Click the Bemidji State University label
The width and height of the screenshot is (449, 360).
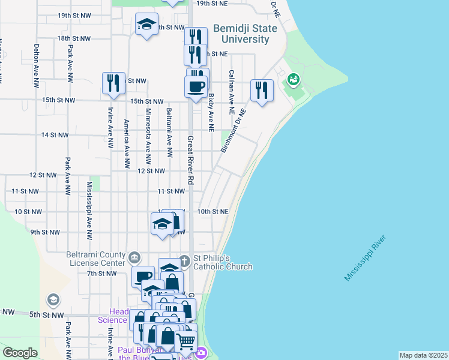click(x=244, y=34)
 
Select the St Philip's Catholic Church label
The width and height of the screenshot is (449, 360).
click(x=222, y=263)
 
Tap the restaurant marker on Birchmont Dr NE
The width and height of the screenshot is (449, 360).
click(x=262, y=91)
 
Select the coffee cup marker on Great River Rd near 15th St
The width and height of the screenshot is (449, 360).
click(x=196, y=86)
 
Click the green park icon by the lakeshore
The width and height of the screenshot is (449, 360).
click(x=294, y=79)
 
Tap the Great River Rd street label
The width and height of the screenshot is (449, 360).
click(x=190, y=160)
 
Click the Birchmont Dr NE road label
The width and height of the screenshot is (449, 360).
click(x=234, y=130)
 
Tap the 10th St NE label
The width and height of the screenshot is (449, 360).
click(x=213, y=212)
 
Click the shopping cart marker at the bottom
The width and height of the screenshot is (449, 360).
click(x=185, y=340)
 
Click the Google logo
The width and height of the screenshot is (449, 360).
click(x=20, y=353)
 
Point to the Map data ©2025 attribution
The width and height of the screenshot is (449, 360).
click(x=423, y=355)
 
